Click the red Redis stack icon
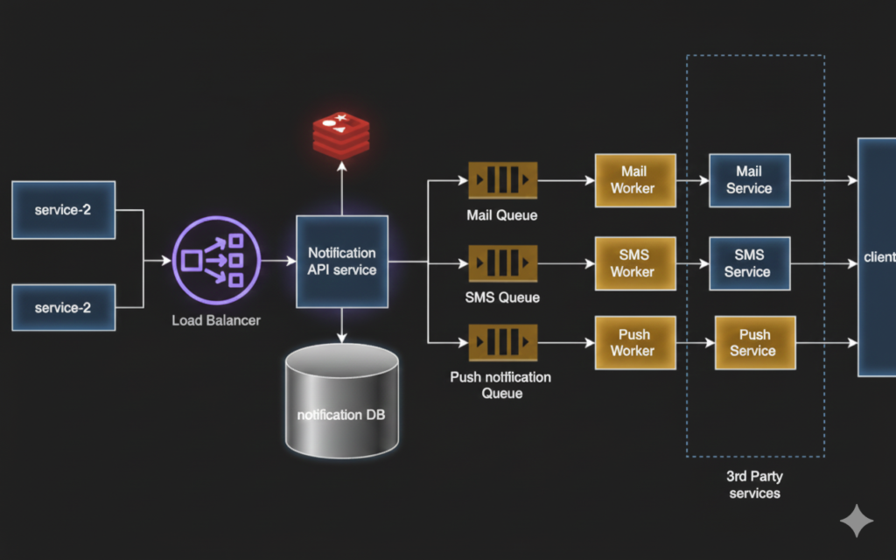click(341, 136)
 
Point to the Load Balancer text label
click(215, 320)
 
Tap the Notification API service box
click(341, 262)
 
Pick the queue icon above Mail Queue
click(502, 181)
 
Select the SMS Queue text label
click(502, 297)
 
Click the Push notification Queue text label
click(500, 385)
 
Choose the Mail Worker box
click(635, 180)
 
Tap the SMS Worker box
click(635, 263)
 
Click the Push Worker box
click(635, 343)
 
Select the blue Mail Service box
click(749, 180)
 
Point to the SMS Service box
click(749, 263)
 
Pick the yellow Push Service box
click(754, 343)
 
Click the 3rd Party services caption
click(754, 485)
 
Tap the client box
click(877, 256)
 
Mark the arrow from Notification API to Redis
click(341, 192)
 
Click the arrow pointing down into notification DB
click(341, 325)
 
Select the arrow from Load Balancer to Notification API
click(278, 261)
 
